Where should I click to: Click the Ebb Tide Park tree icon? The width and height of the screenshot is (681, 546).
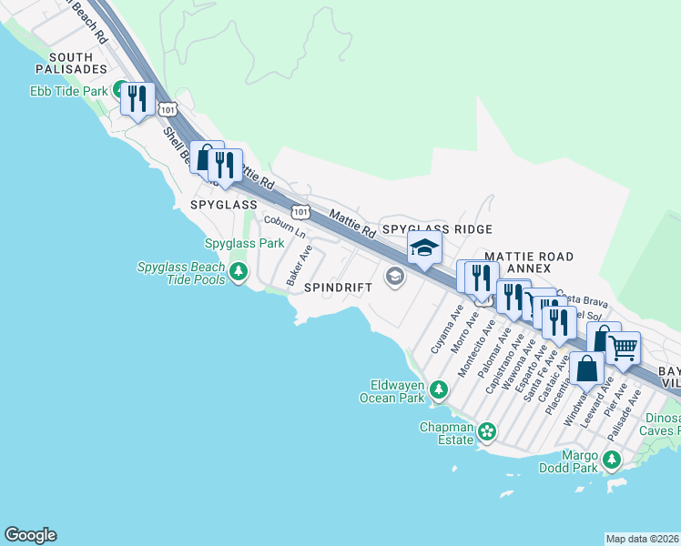119,90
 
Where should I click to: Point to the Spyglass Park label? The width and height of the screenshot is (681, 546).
244,244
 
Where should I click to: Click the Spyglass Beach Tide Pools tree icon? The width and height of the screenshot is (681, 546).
239,271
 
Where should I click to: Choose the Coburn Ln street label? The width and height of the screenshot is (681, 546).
284,227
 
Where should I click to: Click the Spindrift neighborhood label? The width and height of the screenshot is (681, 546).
338,287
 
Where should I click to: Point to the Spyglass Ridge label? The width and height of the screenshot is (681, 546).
437,229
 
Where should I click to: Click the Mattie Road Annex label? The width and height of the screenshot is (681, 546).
529,262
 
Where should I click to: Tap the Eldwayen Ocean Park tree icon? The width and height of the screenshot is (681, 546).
440,390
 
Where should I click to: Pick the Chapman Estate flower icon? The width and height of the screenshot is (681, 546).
487,430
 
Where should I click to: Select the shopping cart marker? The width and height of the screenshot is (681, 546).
624,347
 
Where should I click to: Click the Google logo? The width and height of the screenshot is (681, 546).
30,535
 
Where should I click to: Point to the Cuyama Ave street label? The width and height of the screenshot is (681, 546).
442,335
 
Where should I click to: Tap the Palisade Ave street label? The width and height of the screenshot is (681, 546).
625,415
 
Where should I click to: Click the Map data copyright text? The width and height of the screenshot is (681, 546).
642,539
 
